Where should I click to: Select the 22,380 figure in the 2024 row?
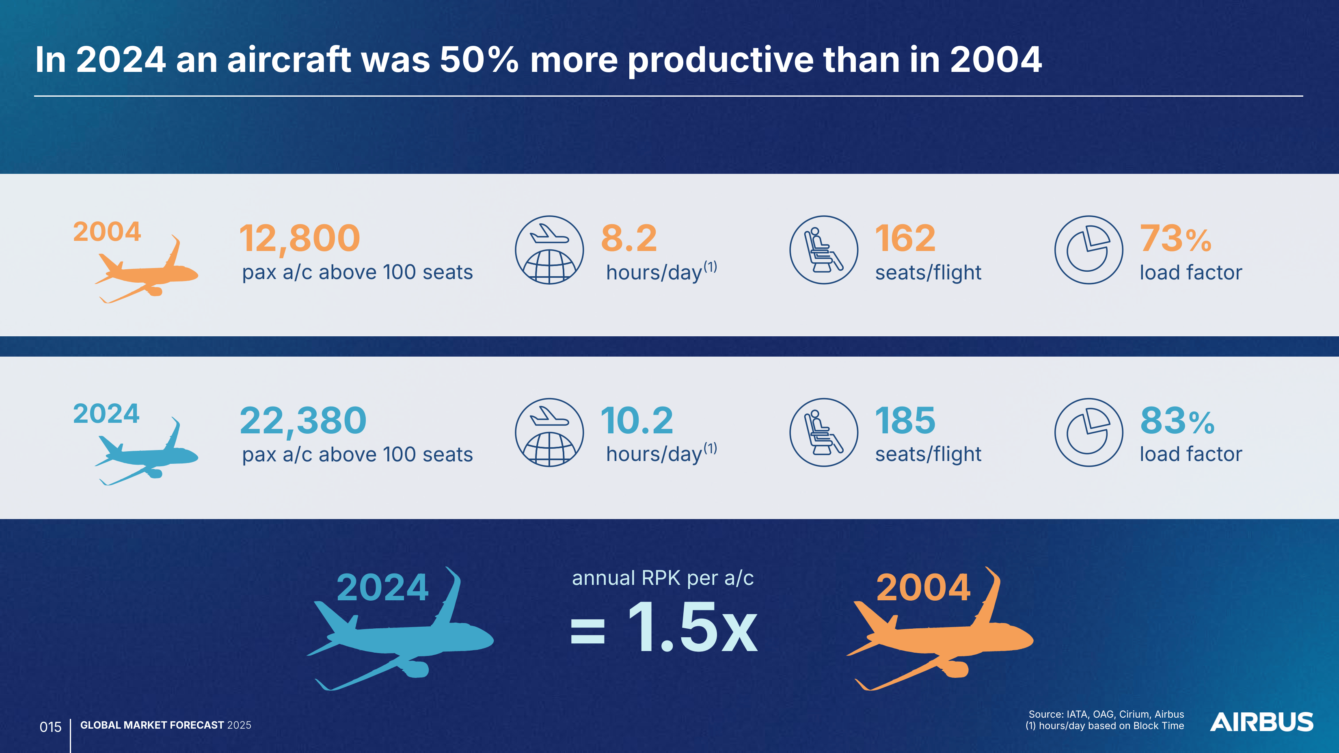click(303, 421)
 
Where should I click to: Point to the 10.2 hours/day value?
click(637, 421)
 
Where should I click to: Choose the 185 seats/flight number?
click(905, 421)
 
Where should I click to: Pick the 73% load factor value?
click(1176, 239)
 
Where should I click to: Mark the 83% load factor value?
click(1177, 421)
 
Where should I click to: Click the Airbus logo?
click(1261, 722)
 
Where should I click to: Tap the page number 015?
click(50, 727)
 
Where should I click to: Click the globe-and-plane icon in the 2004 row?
click(549, 250)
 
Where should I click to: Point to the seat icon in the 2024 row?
click(823, 432)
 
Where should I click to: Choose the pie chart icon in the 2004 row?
click(1088, 250)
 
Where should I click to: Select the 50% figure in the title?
click(479, 60)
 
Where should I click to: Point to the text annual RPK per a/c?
click(663, 578)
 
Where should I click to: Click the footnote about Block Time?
click(1105, 726)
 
